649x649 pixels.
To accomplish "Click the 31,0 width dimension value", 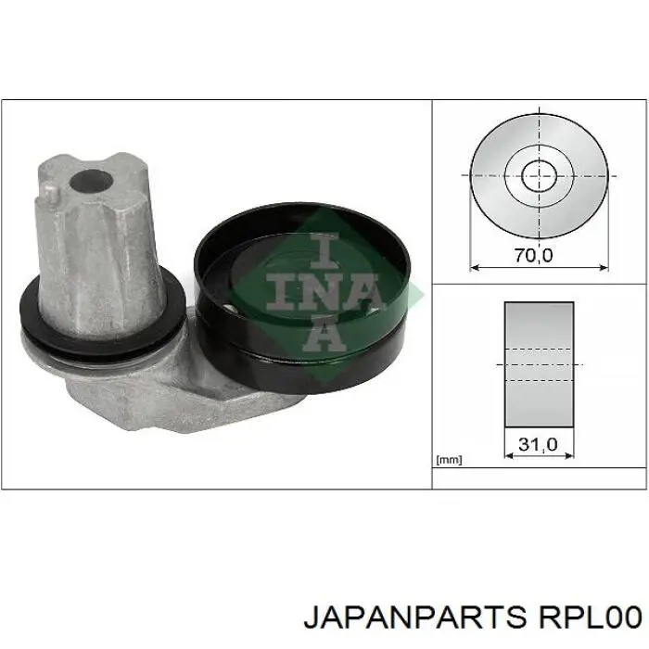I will pos(538,445).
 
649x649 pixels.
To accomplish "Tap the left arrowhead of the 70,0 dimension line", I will pos(474,268).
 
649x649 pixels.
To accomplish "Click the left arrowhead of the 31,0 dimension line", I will pos(507,457).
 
